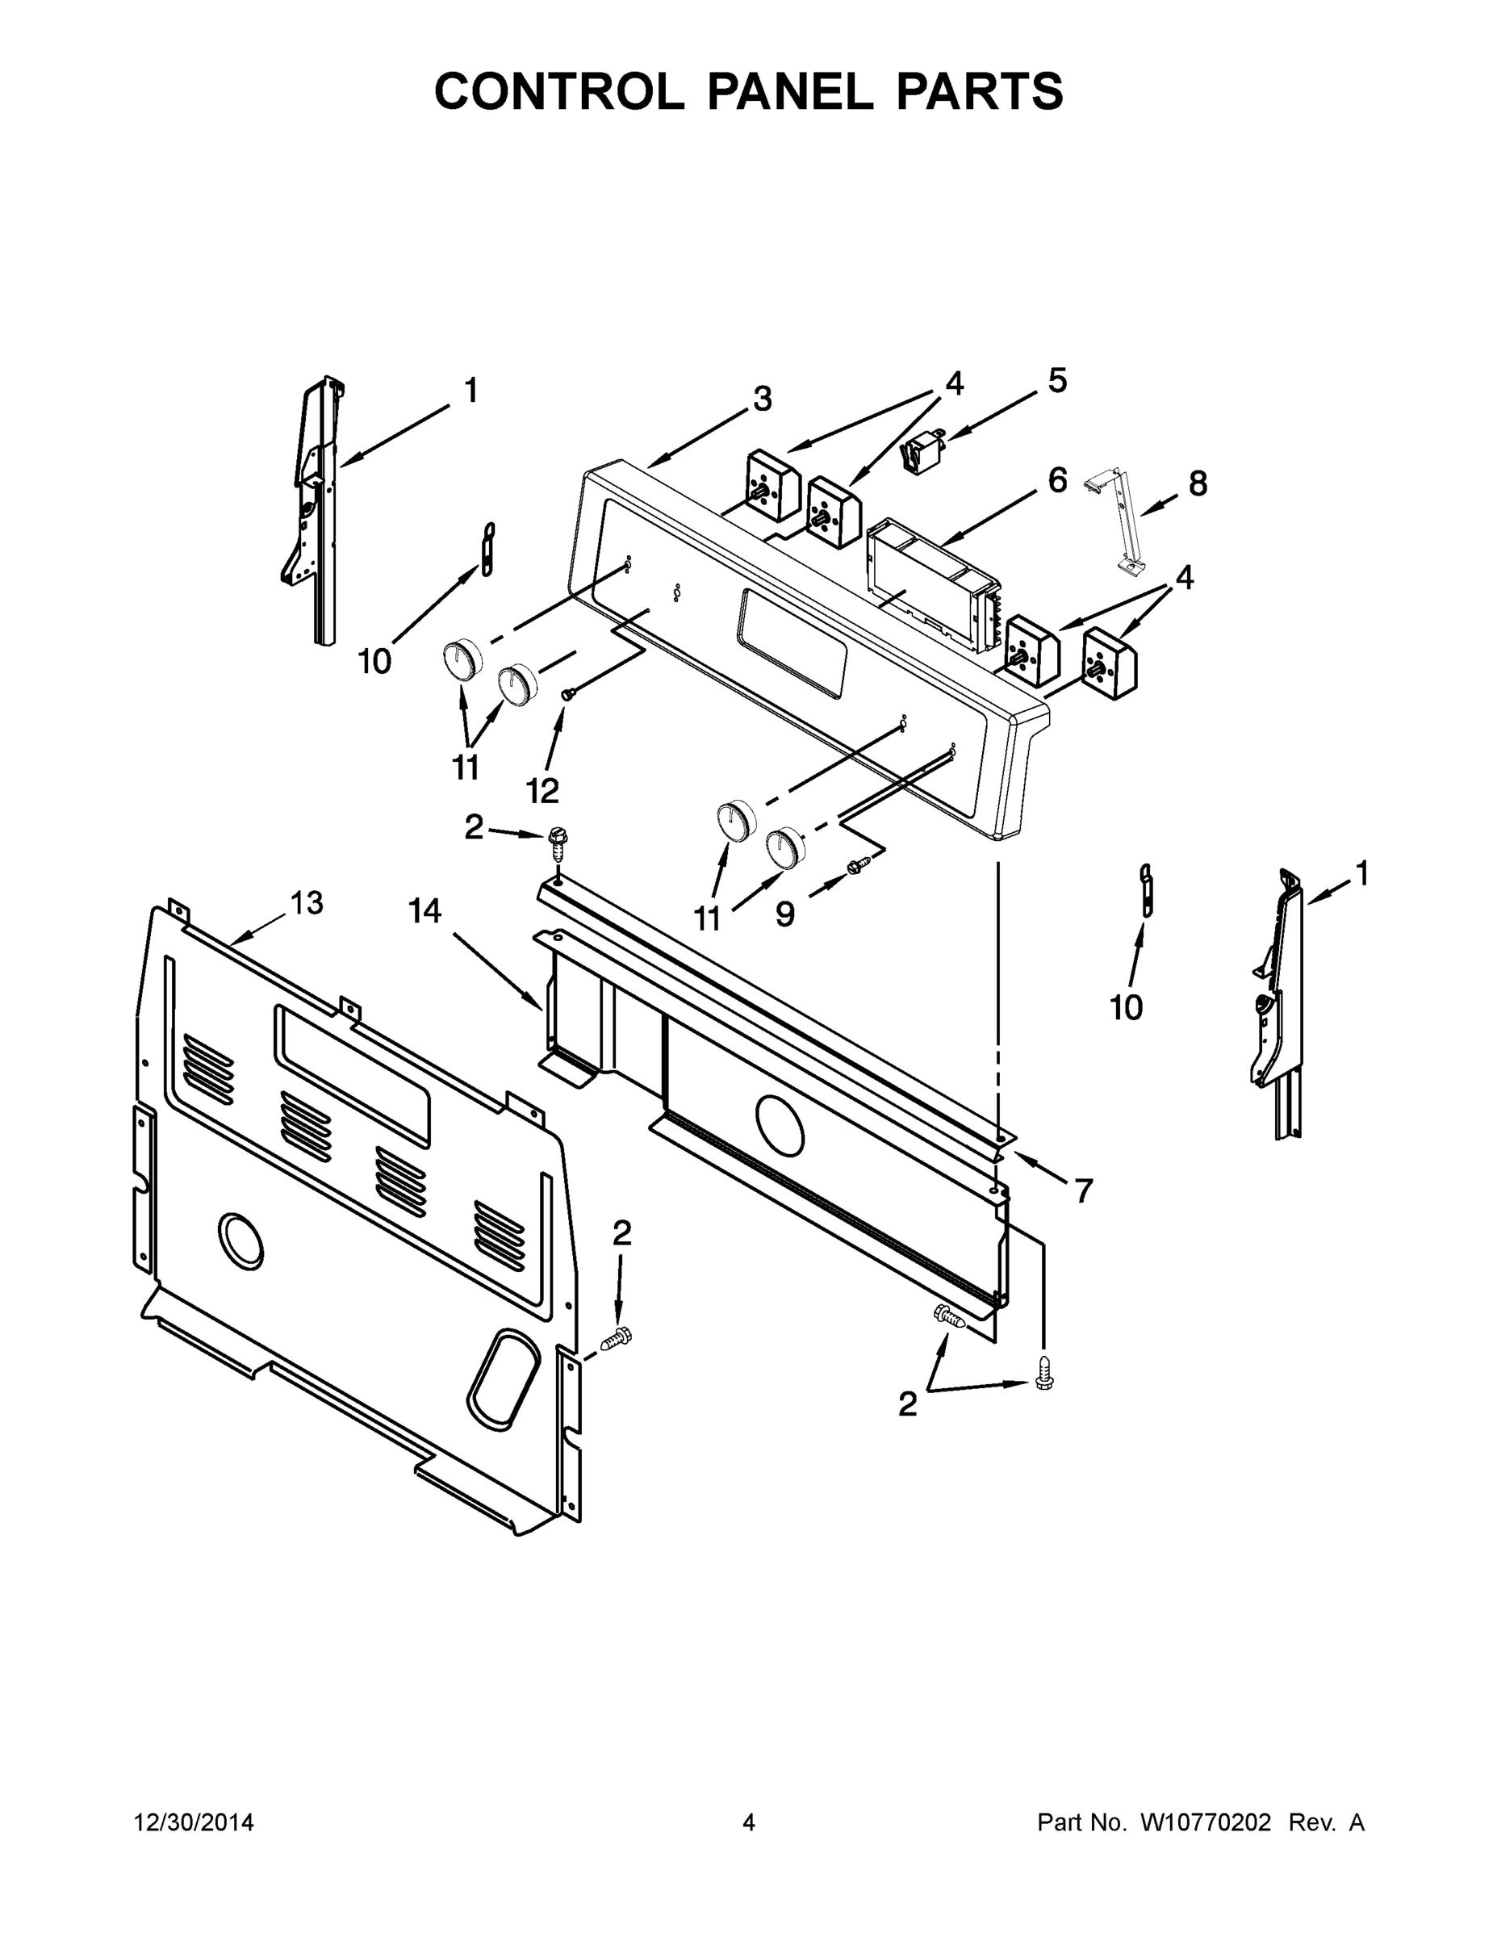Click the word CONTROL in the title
tap(558, 91)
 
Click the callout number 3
tap(762, 400)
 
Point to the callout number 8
tap(1198, 484)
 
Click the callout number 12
tap(543, 789)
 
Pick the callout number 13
tap(307, 903)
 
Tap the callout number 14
tap(424, 911)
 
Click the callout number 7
tap(1083, 1191)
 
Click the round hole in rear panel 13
tap(240, 1239)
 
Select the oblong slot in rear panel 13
tap(503, 1374)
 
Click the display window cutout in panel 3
tap(789, 644)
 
